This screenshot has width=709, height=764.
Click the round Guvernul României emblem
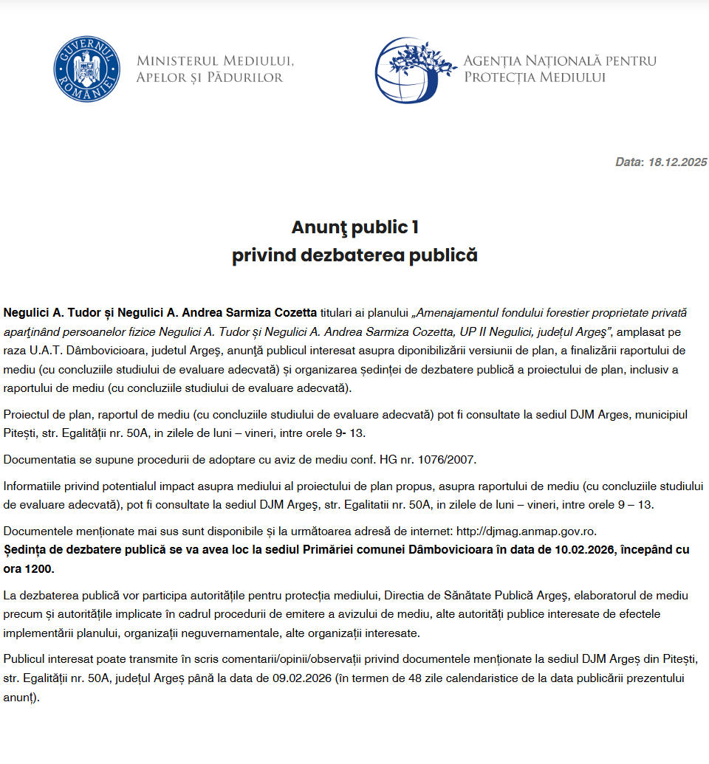86,69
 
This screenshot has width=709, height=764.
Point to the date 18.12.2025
677,162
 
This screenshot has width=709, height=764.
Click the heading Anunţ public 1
354,227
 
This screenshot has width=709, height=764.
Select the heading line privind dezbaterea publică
354,255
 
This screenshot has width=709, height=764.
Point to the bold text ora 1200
29,569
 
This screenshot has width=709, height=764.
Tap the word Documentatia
35,460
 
